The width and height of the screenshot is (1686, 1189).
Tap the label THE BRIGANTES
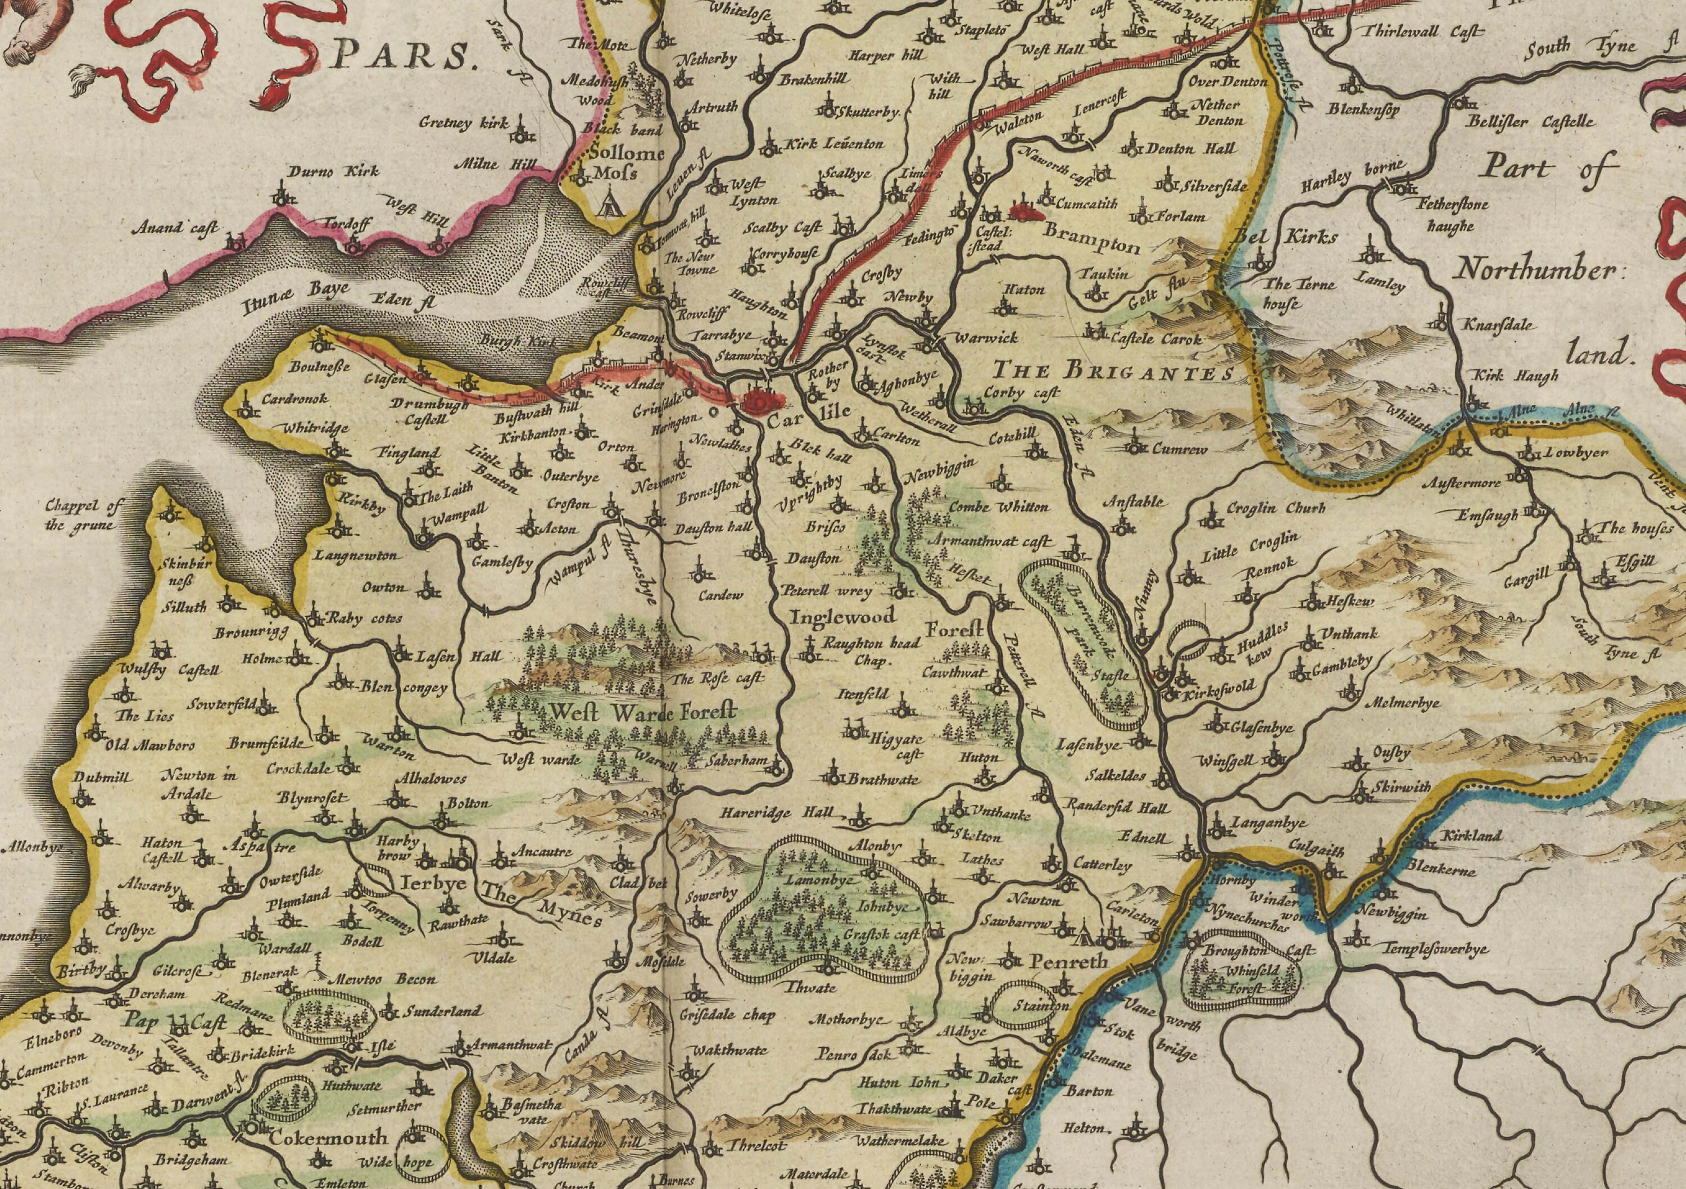[x=1113, y=371]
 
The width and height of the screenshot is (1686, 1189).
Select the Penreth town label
[x=1068, y=961]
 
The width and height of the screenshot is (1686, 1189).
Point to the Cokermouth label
[x=328, y=1138]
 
